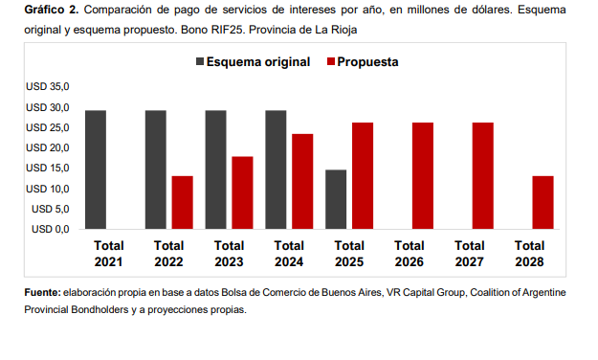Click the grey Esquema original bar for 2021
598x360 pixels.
pos(96,169)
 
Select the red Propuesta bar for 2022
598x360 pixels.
pos(183,203)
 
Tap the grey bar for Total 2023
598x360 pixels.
pos(216,169)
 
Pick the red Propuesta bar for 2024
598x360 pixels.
pos(302,182)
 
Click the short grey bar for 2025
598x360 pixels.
pos(336,200)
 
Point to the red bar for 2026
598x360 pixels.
pos(423,176)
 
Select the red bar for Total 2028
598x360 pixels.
pos(543,203)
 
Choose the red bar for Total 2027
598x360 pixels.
pos(483,176)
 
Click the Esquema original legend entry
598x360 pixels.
pos(254,62)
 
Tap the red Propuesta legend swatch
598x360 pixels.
pos(331,61)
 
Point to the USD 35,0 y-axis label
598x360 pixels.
pos(48,87)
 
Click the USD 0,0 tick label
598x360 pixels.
pos(51,229)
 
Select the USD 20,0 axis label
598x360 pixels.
pos(48,147)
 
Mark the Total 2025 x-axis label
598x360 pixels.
pos(349,254)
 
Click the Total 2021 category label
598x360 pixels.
pos(109,254)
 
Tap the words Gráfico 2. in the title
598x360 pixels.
pos(52,10)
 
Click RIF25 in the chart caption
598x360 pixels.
pos(227,30)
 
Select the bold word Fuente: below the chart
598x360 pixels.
pos(43,292)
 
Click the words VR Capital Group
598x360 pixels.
pos(426,293)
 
